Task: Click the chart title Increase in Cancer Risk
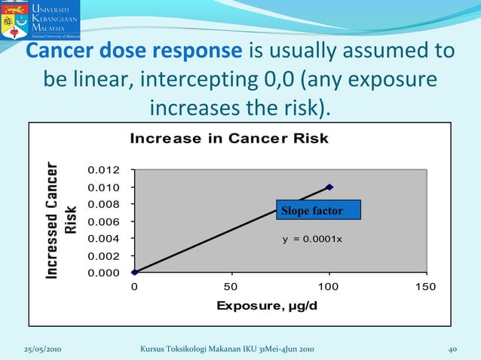click(229, 138)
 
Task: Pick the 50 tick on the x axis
click(231, 287)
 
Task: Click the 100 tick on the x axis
click(329, 287)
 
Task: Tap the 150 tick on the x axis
click(426, 287)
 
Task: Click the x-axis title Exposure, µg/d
click(267, 306)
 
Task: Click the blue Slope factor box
click(317, 210)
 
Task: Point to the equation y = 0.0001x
click(312, 239)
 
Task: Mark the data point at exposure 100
click(329, 187)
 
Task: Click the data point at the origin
click(134, 272)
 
